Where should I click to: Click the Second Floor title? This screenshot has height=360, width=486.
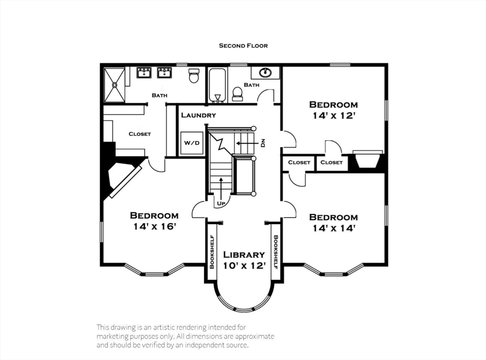(243, 46)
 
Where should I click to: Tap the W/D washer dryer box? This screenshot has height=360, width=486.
(192, 143)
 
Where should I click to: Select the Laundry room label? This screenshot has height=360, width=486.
(198, 115)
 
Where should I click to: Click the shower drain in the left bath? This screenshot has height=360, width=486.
(115, 84)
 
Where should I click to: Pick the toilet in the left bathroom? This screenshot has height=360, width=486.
(194, 76)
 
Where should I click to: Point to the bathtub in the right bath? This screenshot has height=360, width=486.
(218, 85)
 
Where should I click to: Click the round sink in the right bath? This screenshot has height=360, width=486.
(265, 73)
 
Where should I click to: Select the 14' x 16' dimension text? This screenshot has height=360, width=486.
(155, 227)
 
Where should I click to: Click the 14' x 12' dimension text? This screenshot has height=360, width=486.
(334, 116)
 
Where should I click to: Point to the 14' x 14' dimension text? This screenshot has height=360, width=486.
(334, 228)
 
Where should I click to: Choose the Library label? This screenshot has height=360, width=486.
(244, 255)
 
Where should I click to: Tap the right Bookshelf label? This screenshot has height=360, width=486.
(276, 252)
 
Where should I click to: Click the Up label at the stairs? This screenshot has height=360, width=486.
(221, 204)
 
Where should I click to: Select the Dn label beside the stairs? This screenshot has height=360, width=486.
(263, 143)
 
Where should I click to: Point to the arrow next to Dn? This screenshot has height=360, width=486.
(247, 143)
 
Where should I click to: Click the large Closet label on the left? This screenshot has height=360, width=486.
(140, 134)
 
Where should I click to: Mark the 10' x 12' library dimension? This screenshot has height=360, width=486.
(244, 266)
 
